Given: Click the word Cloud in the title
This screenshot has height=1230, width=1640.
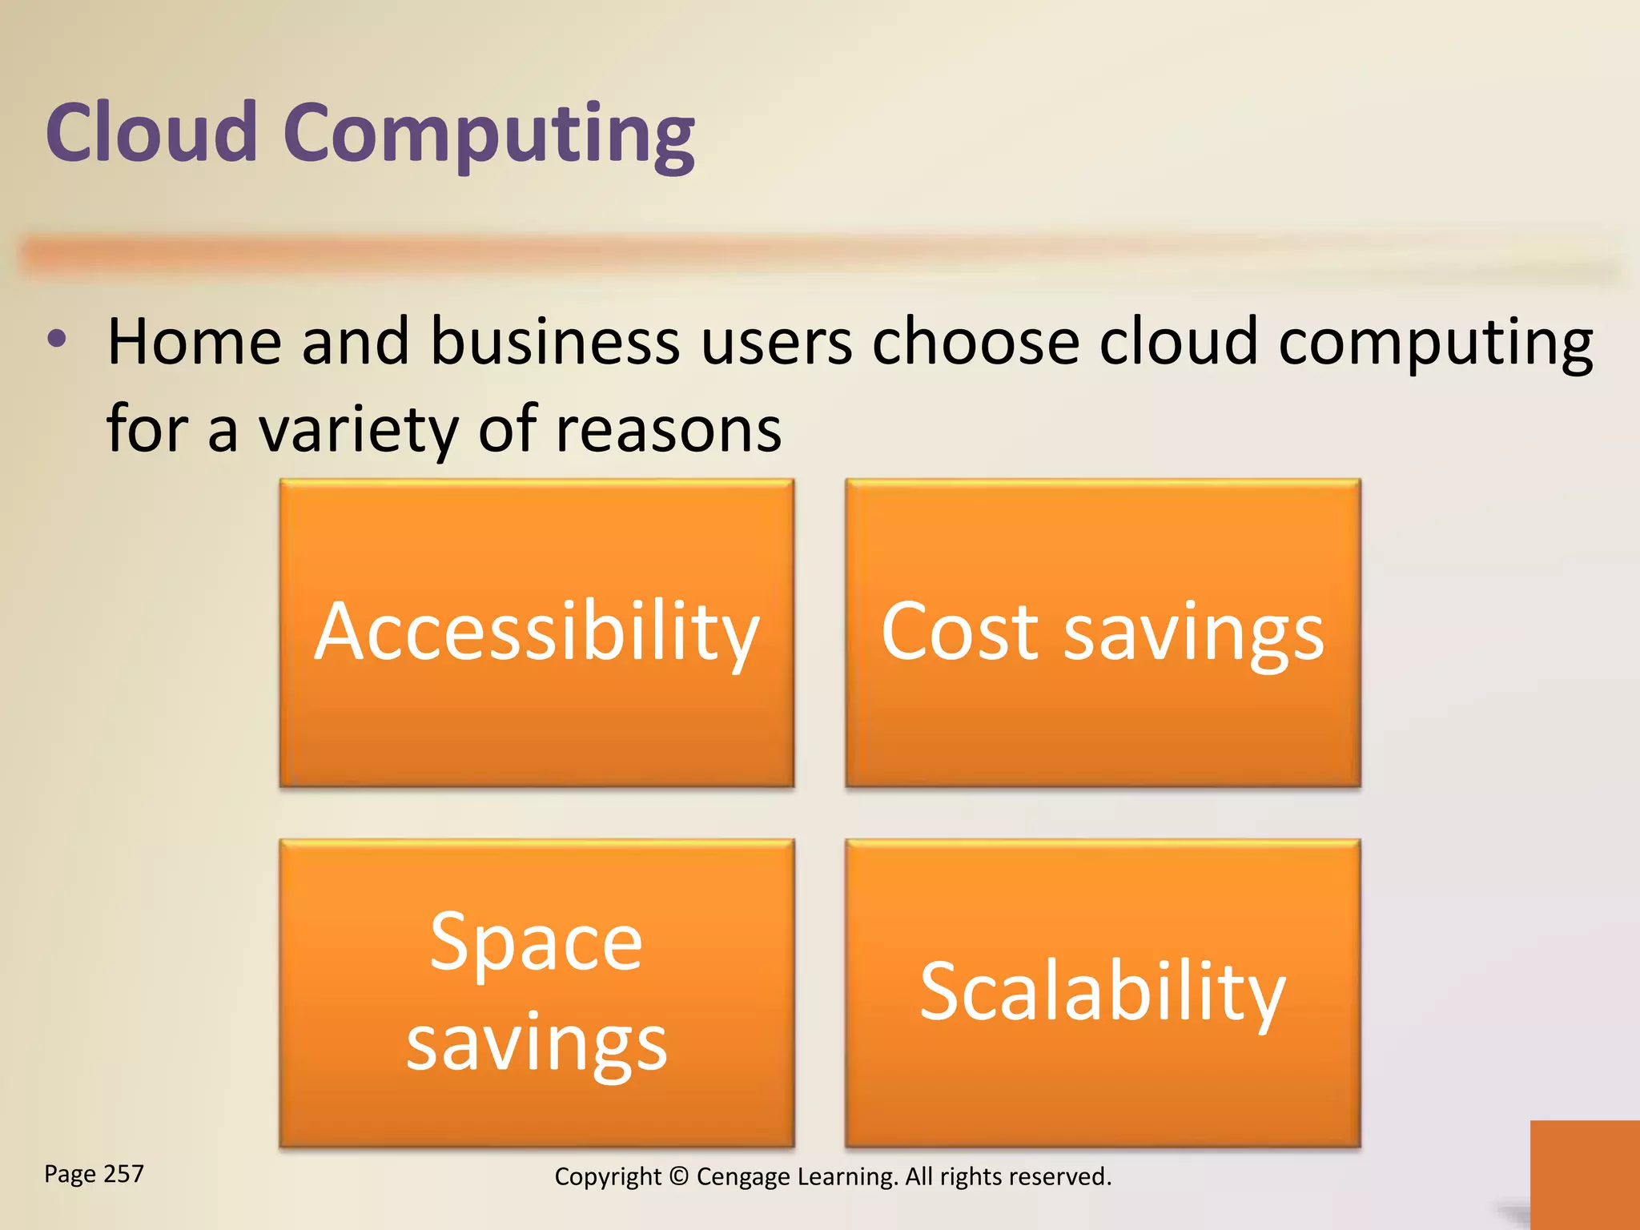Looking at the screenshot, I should click(151, 133).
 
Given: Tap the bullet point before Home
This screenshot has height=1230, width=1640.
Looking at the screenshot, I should click(57, 340).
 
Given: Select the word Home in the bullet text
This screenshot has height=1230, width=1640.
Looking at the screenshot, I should click(194, 342).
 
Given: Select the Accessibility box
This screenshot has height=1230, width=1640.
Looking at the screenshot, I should click(537, 633).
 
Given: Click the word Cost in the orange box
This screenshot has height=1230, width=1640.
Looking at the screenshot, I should click(959, 633).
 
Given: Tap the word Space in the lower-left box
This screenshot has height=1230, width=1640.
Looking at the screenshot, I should click(536, 942).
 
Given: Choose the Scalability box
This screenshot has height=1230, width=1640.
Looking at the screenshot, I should click(1103, 993).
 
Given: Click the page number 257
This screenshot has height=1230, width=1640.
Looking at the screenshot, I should click(124, 1174).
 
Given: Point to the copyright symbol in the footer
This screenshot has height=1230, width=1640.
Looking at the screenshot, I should click(678, 1176).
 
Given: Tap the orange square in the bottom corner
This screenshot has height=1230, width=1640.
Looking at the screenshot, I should click(1584, 1174).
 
